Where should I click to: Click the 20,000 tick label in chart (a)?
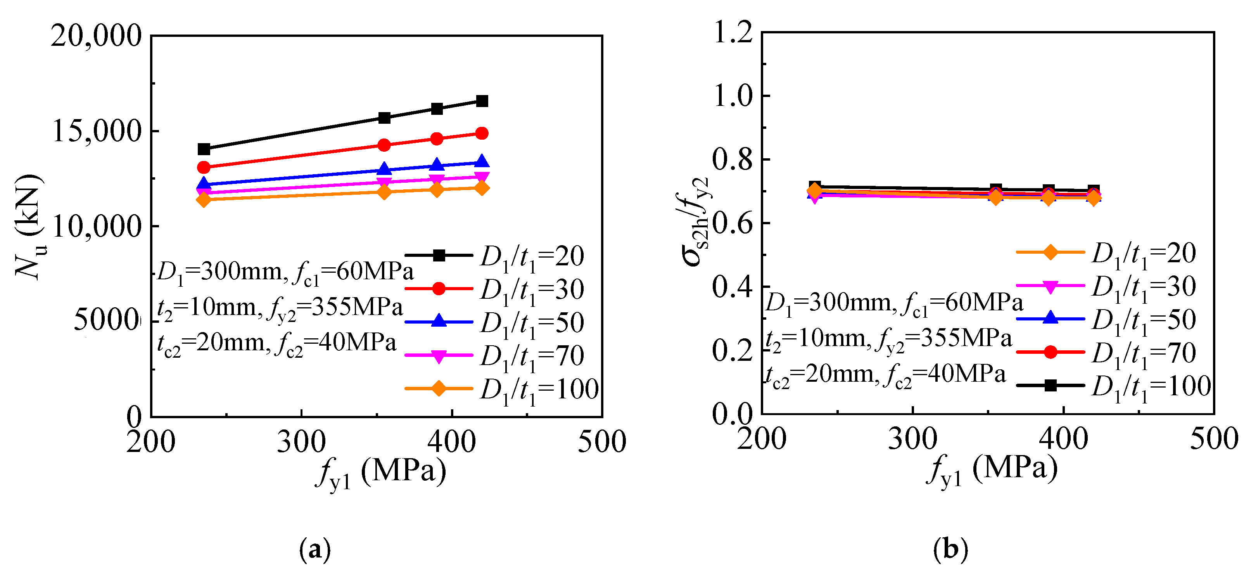[x=96, y=36]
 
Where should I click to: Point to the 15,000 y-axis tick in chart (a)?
[x=96, y=131]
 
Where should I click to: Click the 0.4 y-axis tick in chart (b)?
[x=733, y=287]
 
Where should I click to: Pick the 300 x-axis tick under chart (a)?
[x=301, y=442]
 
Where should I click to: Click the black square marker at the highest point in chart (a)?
[x=482, y=101]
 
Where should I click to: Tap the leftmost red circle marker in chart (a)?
[x=204, y=168]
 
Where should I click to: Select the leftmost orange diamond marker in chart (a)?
[x=204, y=199]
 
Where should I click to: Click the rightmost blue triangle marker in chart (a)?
[x=482, y=162]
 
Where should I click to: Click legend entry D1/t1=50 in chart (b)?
[x=1107, y=320]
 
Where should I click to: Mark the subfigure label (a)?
[x=315, y=550]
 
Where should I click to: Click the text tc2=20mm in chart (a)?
[x=212, y=344]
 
